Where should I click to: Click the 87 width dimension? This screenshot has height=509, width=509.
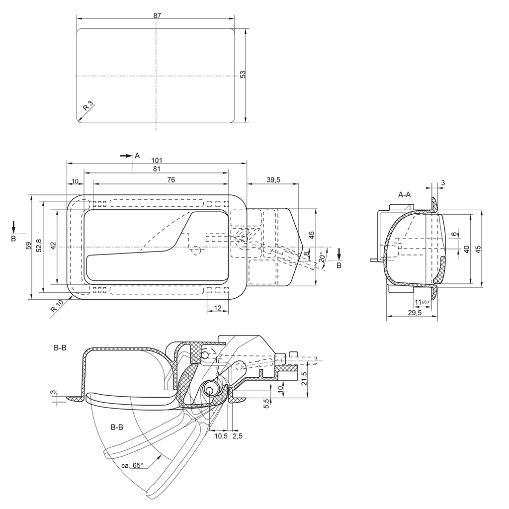click(x=157, y=15)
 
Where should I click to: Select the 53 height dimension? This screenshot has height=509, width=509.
click(x=243, y=74)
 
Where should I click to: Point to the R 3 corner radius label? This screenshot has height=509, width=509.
click(x=87, y=106)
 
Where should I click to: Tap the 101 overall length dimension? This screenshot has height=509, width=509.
click(x=157, y=160)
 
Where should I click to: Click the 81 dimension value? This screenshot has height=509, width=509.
click(x=157, y=169)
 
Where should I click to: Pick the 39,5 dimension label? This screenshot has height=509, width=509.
click(x=273, y=180)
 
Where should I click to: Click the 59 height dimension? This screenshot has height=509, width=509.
click(x=28, y=245)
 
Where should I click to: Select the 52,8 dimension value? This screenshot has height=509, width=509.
click(x=39, y=245)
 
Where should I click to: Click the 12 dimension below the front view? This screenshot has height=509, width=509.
click(x=217, y=308)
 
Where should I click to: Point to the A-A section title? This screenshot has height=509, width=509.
click(x=404, y=194)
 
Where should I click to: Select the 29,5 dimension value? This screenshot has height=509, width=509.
click(x=414, y=313)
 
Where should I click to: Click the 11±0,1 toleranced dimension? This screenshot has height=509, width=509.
click(x=422, y=302)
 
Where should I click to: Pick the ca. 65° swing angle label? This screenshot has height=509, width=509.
click(x=132, y=466)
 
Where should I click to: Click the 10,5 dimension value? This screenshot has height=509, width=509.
click(x=221, y=436)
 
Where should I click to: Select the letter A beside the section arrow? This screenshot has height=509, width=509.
click(x=137, y=156)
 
